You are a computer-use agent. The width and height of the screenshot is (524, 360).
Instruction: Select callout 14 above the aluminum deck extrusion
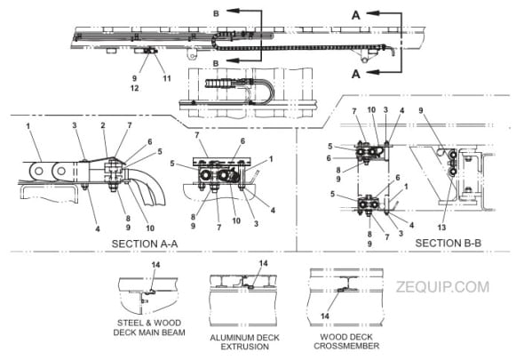point(263,264)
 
